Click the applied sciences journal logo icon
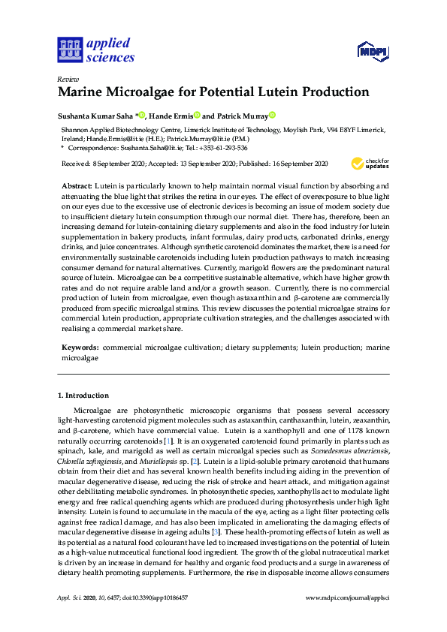point(68,51)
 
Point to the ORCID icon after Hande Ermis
point(197,116)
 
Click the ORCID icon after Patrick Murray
point(273,116)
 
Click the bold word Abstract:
point(77,185)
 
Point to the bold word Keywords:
point(79,348)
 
